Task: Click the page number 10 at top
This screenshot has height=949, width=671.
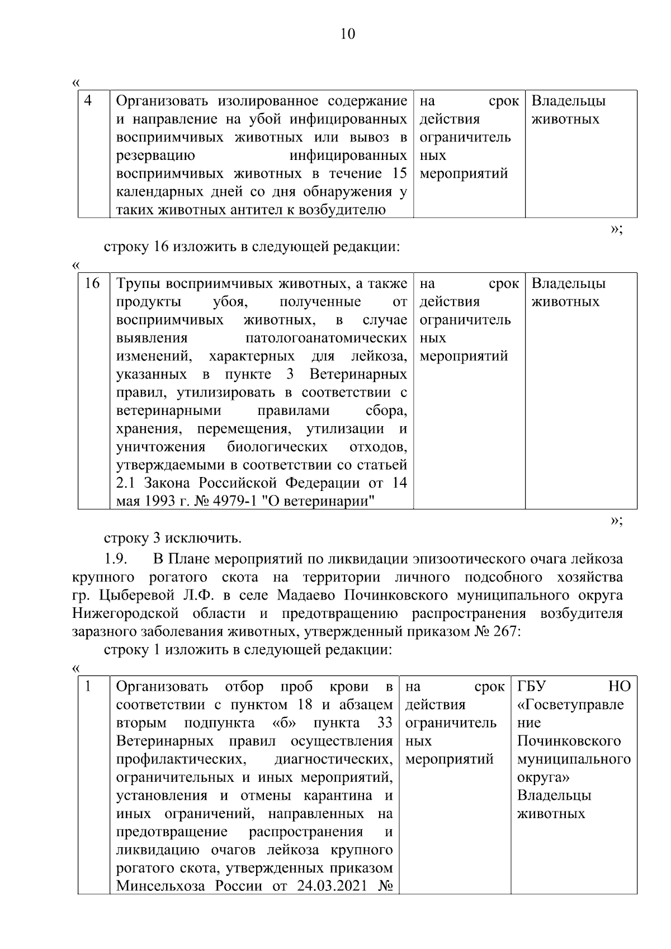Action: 347,35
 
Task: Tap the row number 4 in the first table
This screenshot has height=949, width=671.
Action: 88,101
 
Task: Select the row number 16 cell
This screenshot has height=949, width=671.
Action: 92,284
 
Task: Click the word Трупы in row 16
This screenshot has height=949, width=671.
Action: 138,284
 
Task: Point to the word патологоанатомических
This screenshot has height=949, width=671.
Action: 326,338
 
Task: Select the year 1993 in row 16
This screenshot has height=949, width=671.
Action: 154,501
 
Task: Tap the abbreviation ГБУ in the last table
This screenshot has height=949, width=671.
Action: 531,686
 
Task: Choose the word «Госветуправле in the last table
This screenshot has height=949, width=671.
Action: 570,705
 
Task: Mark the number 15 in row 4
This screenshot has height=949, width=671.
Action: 399,173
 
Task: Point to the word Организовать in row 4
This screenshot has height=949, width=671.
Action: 162,101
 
